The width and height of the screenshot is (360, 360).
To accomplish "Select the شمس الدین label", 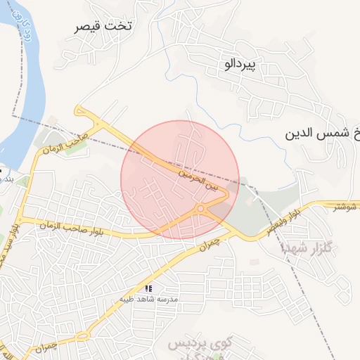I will tap(323, 133).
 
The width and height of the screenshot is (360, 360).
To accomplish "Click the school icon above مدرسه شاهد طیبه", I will tap(148, 288).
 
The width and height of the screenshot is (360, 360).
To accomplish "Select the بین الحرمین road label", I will tap(198, 179).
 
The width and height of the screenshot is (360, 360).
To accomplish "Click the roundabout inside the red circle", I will tap(201, 209).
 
